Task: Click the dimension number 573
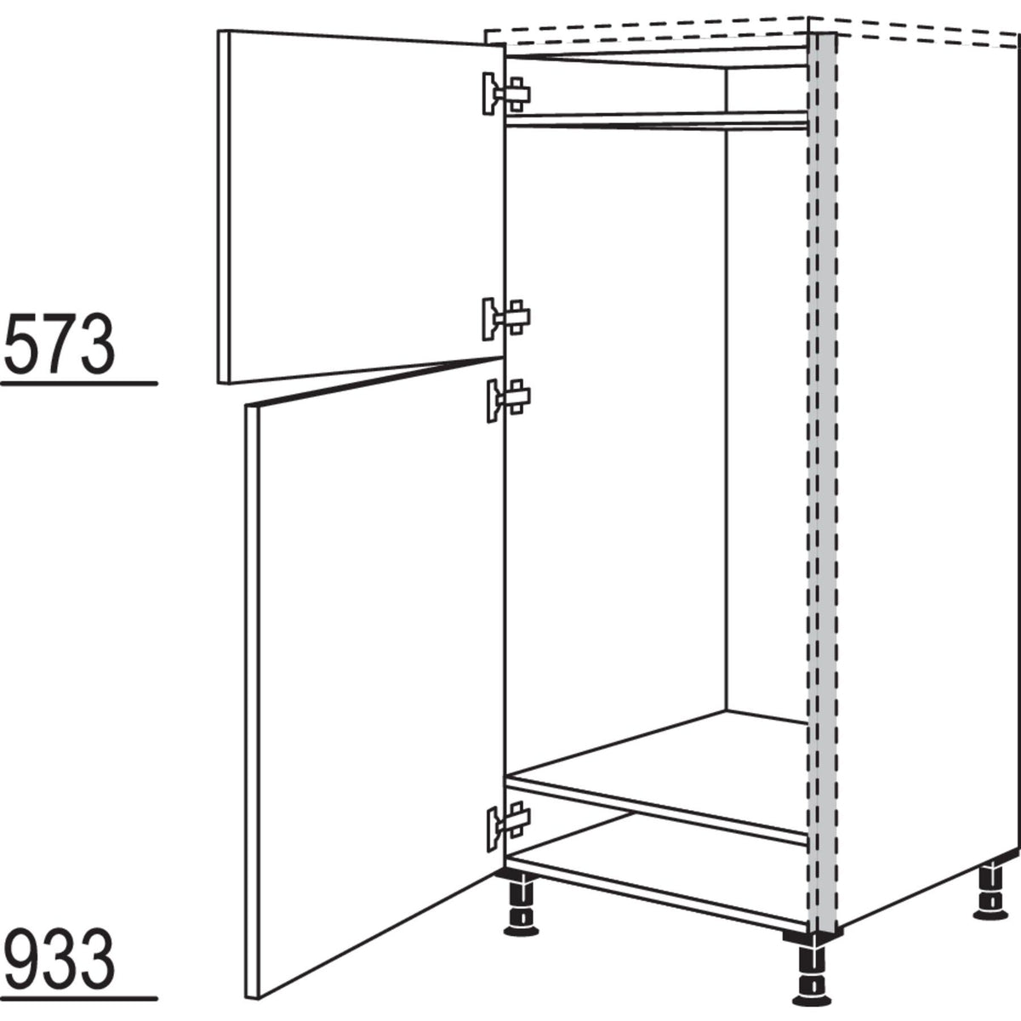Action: point(60,344)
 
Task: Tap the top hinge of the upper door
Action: point(506,94)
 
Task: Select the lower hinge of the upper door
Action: point(506,319)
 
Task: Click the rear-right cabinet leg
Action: point(992,894)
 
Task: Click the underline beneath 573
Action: point(79,383)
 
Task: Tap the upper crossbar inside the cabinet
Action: point(656,120)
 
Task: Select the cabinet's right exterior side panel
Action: point(928,466)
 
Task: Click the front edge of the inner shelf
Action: point(656,811)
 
